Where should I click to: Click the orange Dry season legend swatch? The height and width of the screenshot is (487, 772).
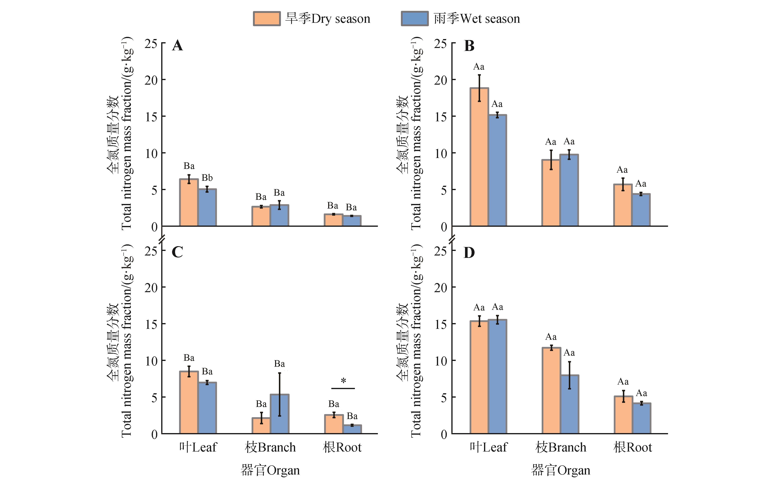pos(267,19)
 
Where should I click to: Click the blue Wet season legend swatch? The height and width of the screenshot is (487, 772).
pos(415,19)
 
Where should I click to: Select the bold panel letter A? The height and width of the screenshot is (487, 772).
pos(177,46)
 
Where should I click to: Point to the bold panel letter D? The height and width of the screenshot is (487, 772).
pos(469,253)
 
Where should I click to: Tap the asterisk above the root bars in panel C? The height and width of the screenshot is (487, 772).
pos(343,381)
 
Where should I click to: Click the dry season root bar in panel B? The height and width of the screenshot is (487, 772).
pos(623,205)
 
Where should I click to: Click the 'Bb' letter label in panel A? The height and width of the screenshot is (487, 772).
pos(207,178)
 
